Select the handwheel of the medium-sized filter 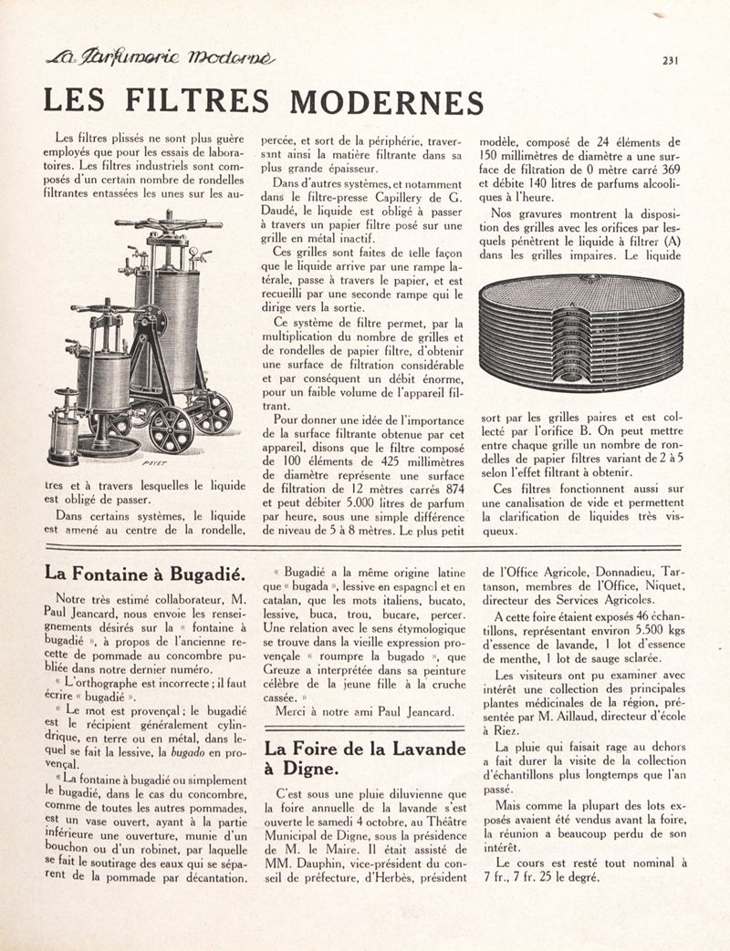coord(107,308)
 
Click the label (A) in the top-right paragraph coord(672,243)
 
